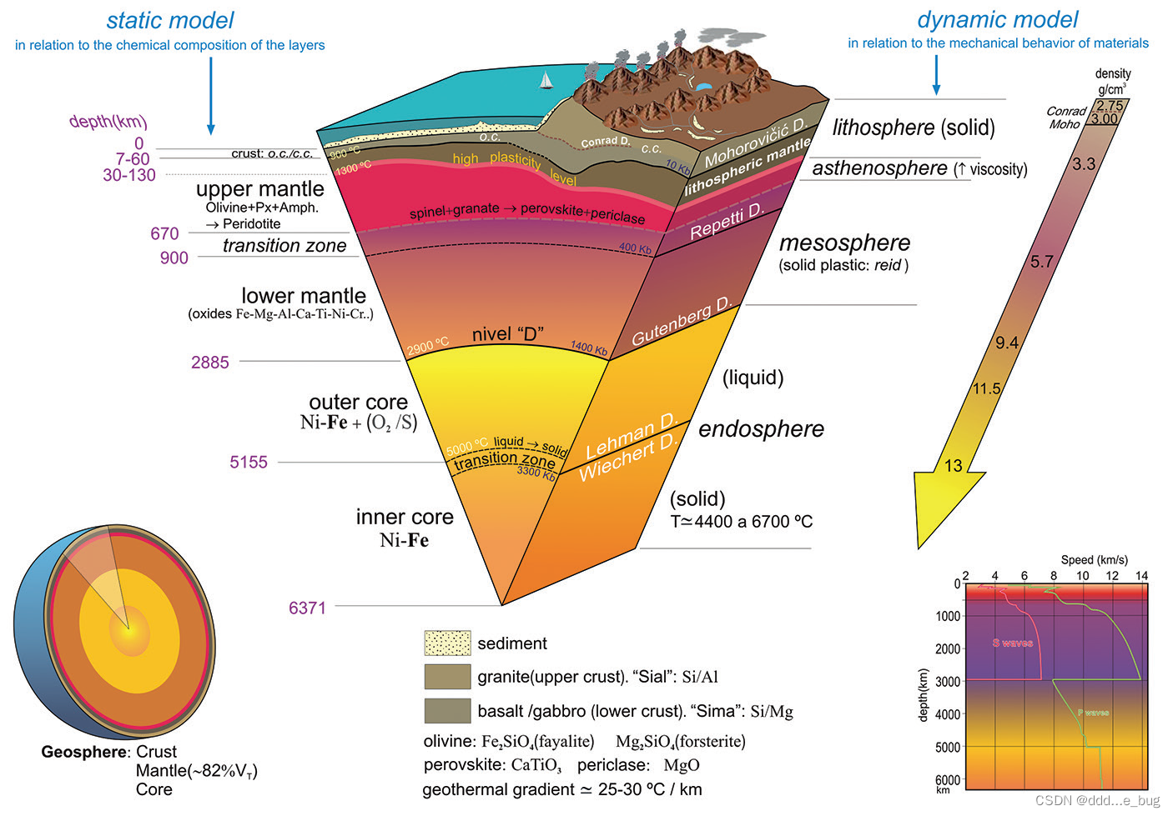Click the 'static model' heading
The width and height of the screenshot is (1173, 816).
[x=170, y=20]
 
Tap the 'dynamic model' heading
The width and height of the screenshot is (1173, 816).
[x=997, y=19]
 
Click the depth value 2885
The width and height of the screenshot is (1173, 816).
[x=209, y=363]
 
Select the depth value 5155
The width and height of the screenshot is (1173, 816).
[x=249, y=463]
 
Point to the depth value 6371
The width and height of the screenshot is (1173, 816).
[x=307, y=608]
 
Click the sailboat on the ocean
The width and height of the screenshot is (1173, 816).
[x=546, y=80]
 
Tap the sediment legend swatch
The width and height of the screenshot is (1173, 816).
[x=447, y=643]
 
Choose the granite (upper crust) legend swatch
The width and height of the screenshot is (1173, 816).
[x=447, y=677]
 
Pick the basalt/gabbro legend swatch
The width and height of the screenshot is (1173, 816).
[x=447, y=711]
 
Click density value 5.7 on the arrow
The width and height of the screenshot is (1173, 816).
[x=1041, y=262]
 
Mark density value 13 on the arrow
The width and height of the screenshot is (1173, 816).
[x=953, y=466]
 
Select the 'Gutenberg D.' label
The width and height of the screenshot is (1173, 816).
[x=681, y=321]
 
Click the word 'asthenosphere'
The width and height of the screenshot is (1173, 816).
[x=879, y=168]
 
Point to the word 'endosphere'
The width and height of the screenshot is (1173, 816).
[x=761, y=429]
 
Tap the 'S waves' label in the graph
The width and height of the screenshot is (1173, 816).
[x=1012, y=643]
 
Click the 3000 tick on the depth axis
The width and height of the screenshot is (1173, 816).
[x=948, y=682]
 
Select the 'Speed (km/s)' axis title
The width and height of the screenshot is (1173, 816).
[x=1094, y=560]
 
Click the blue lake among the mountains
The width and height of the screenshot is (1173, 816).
[x=704, y=86]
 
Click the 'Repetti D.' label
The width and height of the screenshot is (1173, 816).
[x=727, y=222]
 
